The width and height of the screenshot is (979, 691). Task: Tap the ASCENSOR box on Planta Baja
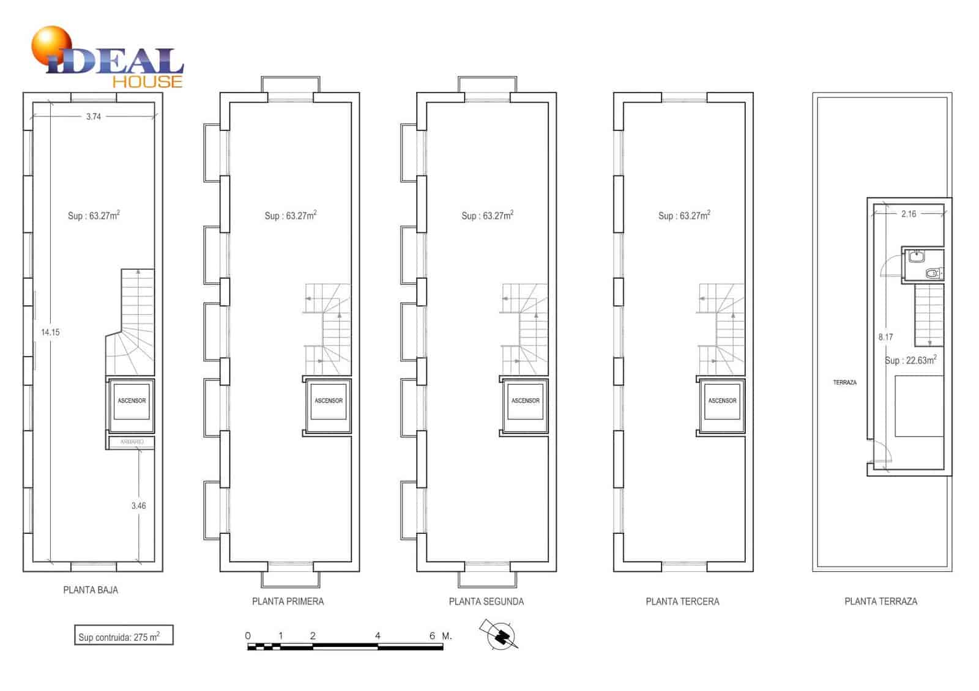click(132, 401)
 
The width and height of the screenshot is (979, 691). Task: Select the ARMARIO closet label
click(132, 442)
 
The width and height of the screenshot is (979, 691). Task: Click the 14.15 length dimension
click(50, 332)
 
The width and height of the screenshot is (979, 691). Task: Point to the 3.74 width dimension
click(94, 116)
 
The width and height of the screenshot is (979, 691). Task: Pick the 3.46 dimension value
click(139, 506)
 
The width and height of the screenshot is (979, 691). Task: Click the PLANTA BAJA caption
click(91, 590)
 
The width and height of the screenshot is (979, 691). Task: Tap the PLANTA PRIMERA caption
click(288, 602)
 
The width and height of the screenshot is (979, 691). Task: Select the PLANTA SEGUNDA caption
click(486, 602)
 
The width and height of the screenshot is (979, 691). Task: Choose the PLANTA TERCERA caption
click(682, 602)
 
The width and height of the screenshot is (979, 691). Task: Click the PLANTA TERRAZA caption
click(880, 602)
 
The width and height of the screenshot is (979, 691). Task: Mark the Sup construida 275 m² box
click(124, 636)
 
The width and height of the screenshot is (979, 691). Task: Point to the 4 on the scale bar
click(378, 636)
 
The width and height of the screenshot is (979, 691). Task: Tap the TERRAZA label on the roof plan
click(844, 382)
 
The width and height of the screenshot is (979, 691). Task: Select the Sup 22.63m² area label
click(910, 360)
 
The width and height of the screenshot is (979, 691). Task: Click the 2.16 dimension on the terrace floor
click(909, 213)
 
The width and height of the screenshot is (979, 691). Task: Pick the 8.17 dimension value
click(885, 337)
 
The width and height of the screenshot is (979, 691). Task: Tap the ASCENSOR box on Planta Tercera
click(722, 401)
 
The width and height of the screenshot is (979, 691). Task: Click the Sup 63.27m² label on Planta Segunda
click(487, 215)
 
